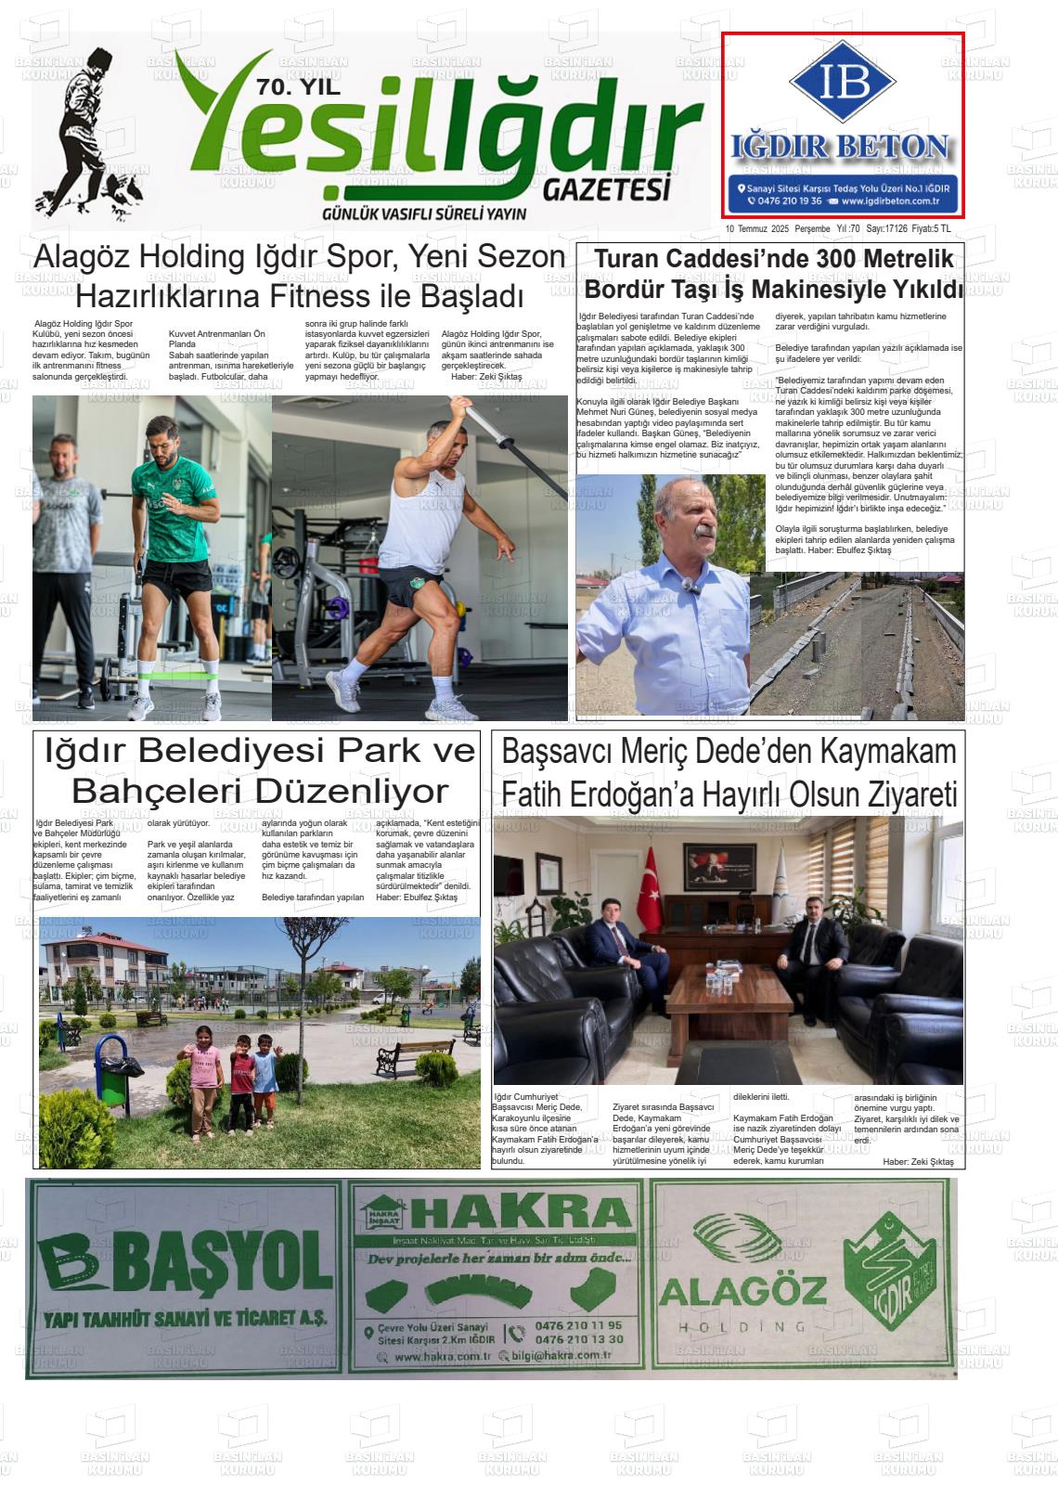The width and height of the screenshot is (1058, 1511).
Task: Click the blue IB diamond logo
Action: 843,83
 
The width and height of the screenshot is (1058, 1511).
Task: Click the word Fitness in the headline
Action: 320,297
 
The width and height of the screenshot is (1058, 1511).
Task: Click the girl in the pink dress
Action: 204,1077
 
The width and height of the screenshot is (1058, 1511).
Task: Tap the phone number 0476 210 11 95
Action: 578,1325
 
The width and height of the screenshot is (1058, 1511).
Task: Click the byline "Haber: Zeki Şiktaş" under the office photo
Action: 917,1161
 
